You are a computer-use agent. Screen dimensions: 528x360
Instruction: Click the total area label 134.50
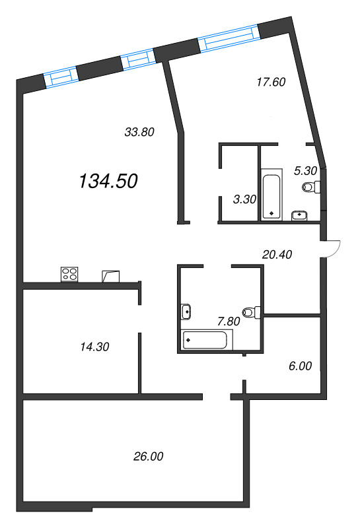click(x=108, y=181)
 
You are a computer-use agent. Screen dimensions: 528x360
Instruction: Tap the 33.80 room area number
click(x=139, y=131)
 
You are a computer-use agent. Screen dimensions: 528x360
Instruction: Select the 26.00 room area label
click(x=147, y=456)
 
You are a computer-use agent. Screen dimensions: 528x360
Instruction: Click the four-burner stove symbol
click(x=69, y=274)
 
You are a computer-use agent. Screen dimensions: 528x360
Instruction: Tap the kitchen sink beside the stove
click(x=110, y=275)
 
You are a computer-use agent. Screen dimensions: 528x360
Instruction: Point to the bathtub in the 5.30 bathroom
click(x=271, y=195)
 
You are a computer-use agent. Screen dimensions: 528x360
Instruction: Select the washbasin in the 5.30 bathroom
click(x=300, y=214)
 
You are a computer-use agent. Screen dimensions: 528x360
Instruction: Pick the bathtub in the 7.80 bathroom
click(x=207, y=340)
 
